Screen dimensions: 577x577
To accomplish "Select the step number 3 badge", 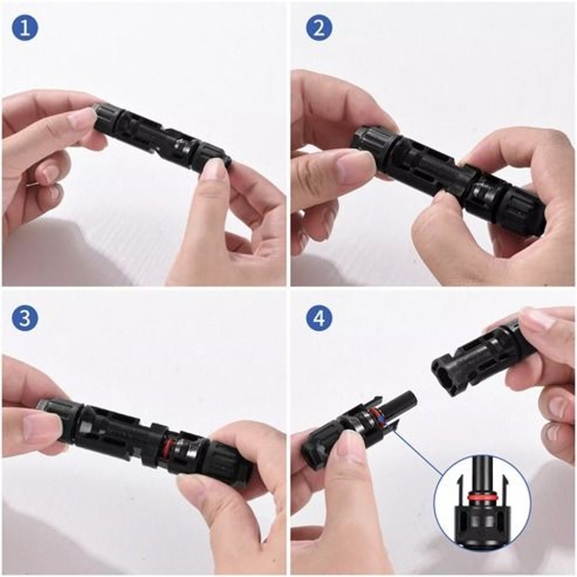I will [x=25, y=318].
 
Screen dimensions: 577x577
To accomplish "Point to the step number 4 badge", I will [x=319, y=318].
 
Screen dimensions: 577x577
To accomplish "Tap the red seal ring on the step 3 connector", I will [x=166, y=449].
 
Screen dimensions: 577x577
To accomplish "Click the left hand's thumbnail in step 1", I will [x=81, y=119].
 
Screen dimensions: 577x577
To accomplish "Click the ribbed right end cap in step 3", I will [x=229, y=462].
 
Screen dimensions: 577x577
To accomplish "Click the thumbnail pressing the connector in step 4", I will [x=349, y=447].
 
